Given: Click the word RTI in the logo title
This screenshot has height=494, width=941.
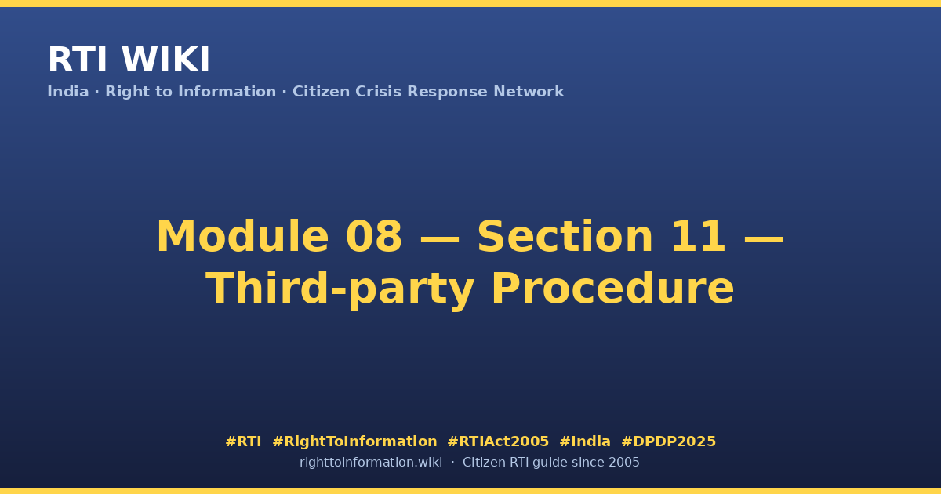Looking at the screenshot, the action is pos(78,60).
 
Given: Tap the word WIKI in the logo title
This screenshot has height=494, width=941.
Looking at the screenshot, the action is pos(165,60).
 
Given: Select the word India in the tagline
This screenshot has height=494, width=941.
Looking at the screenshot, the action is pos(68,92).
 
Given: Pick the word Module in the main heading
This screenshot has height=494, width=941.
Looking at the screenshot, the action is pos(242,237).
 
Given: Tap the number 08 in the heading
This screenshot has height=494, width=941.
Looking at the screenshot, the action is pos(373,237).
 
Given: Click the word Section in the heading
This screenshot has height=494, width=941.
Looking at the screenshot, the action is pos(565,237).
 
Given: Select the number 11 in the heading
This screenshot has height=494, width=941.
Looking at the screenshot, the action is pos(698,237).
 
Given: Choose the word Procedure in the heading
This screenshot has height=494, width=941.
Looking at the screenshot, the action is pos(613,289).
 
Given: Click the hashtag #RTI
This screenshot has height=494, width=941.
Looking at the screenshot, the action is pos(243,441).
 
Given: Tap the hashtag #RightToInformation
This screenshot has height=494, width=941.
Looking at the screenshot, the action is pos(354,441).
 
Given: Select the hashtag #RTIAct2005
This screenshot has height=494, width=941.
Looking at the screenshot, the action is pos(498,441).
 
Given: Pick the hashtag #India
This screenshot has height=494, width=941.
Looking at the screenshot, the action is pos(585,441).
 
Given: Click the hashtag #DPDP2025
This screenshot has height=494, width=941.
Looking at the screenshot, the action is pos(668,441).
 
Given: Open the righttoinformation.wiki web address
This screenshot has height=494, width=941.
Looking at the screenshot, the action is pos(371,463).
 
